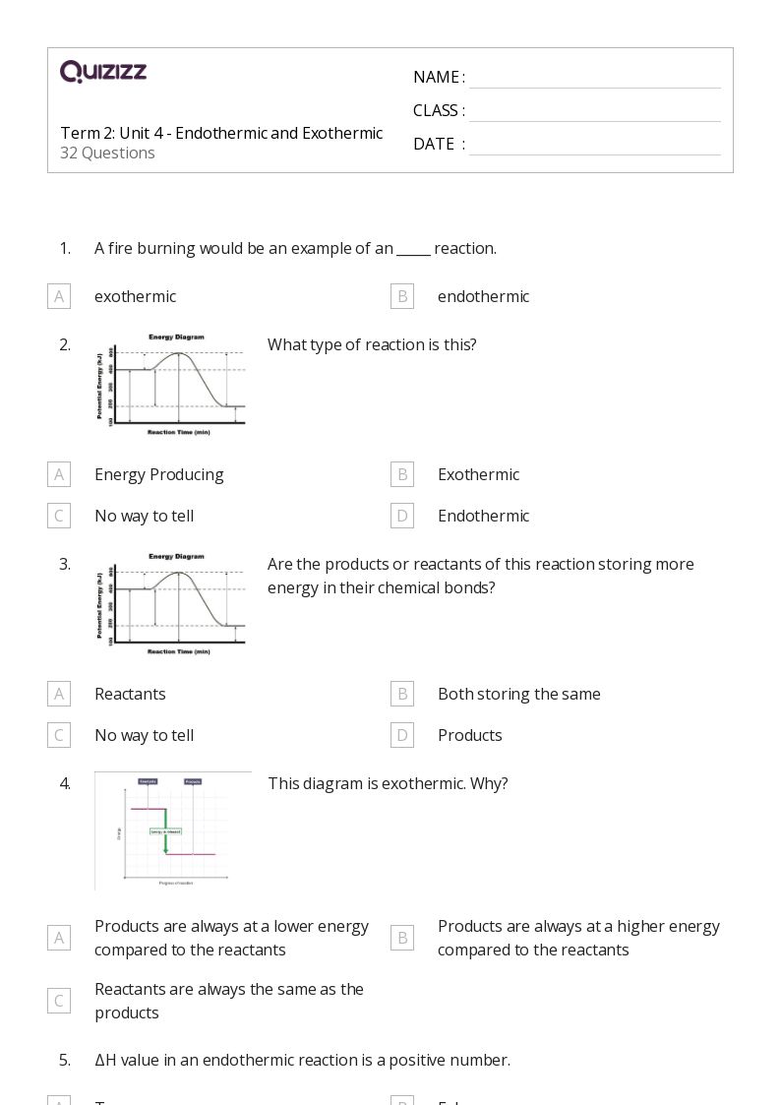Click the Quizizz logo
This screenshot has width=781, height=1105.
click(x=103, y=72)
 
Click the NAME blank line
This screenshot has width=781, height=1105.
click(x=594, y=79)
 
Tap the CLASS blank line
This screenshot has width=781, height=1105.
click(x=594, y=112)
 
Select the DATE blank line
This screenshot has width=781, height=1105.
click(x=594, y=146)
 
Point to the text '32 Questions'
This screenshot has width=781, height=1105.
click(x=107, y=153)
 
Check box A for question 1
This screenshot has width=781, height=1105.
click(x=59, y=296)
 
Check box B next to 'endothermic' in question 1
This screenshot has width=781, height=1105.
click(x=402, y=296)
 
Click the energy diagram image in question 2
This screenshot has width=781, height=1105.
click(x=171, y=385)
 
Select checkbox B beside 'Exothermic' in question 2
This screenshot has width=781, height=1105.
click(x=402, y=474)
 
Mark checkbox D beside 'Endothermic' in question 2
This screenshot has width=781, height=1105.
click(x=402, y=516)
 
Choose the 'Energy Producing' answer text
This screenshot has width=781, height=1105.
click(x=158, y=474)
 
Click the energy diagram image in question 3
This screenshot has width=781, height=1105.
click(x=171, y=604)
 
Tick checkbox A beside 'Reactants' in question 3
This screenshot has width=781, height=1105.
click(x=59, y=694)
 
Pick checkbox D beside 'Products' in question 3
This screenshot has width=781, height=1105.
click(x=402, y=735)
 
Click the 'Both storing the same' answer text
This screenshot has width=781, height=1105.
click(x=518, y=694)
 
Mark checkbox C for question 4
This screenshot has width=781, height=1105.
click(x=59, y=1001)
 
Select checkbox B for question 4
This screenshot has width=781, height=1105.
click(x=402, y=938)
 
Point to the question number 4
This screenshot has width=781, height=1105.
click(x=65, y=783)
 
